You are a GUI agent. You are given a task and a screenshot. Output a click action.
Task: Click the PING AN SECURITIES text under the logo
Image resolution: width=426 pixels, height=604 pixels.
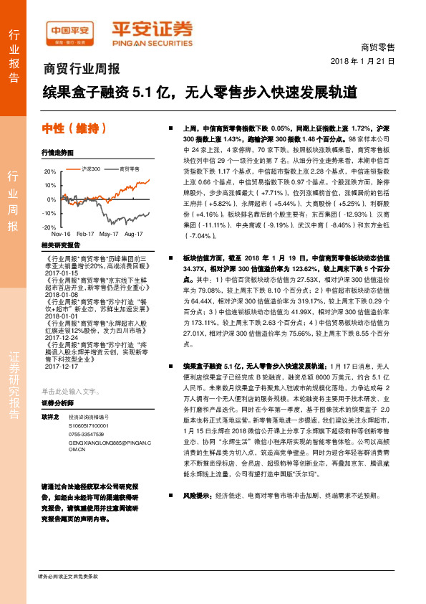(151, 42)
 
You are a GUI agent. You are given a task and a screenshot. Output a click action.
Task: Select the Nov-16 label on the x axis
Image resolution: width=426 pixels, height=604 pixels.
(61, 234)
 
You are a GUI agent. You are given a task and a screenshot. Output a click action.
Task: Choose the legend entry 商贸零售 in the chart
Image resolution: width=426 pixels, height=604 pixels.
(129, 169)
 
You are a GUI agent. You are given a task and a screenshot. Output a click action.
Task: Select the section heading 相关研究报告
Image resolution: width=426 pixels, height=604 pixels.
(60, 245)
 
